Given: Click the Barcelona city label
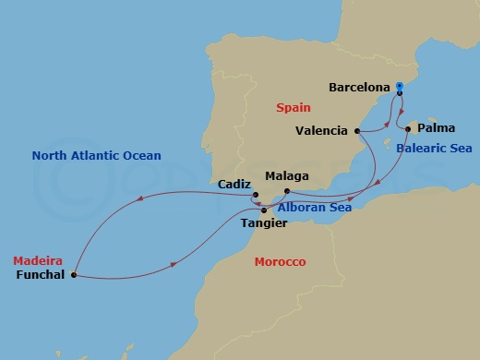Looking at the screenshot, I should tap(358, 88).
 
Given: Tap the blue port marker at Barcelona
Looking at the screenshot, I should tap(399, 88).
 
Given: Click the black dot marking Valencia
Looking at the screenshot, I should tap(356, 131).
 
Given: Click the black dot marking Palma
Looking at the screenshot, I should tap(408, 128).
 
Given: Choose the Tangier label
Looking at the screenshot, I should tap(261, 223).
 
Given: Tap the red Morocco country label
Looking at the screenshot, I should tap(280, 262).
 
